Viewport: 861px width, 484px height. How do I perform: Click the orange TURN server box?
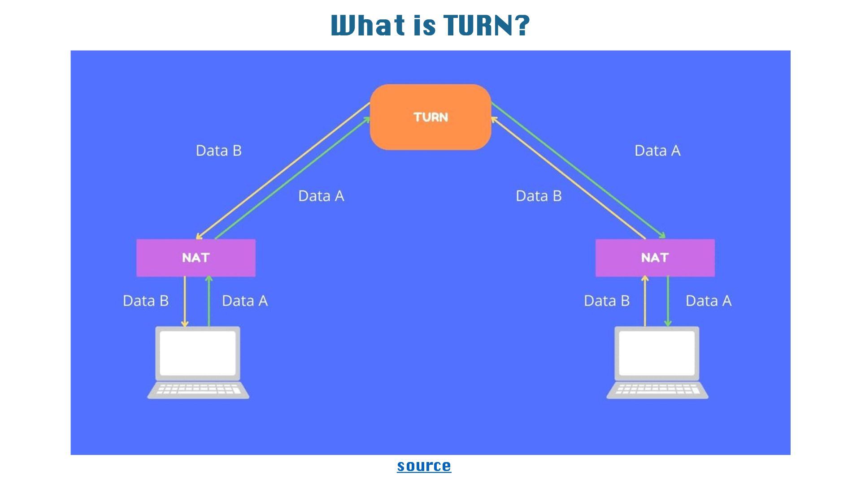coord(430,117)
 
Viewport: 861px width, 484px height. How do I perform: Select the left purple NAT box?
coord(196,258)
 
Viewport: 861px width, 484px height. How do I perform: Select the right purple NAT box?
coord(655,258)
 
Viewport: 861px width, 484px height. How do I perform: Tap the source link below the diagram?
coord(424,466)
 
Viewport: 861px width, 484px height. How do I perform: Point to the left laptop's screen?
coord(198,353)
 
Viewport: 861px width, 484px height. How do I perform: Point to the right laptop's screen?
coord(657,353)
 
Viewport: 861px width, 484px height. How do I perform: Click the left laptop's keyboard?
coord(198,389)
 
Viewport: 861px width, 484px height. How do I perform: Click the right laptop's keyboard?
coord(657,389)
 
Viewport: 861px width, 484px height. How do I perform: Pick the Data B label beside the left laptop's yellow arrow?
coord(146,301)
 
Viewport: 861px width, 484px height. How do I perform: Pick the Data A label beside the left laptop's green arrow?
coord(245,301)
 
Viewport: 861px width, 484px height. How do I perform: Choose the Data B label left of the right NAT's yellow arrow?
coord(607,301)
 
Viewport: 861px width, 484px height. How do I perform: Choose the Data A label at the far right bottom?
coord(709,301)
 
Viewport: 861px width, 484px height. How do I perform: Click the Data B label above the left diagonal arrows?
coord(219,151)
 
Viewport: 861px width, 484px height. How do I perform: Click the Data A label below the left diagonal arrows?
coord(321,196)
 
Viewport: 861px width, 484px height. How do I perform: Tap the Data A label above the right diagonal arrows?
coord(657,151)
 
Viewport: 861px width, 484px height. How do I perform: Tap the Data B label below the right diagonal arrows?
coord(539,196)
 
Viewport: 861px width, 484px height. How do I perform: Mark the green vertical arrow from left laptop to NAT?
coord(209,301)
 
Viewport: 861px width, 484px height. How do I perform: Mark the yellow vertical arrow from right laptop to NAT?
coord(645,301)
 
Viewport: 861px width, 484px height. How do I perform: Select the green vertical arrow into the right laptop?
coord(668,301)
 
